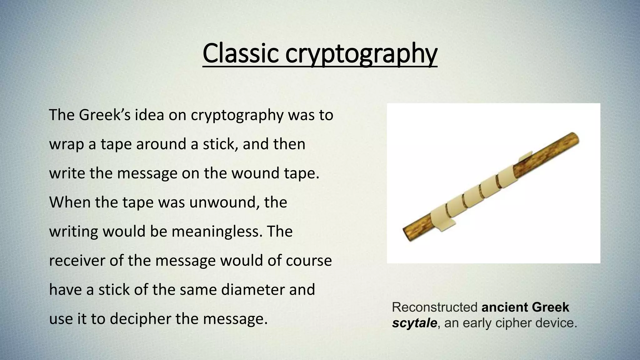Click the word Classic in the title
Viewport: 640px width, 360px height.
pyautogui.click(x=240, y=53)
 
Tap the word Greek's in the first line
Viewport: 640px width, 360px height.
pyautogui.click(x=105, y=115)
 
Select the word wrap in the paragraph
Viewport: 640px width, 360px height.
pyautogui.click(x=64, y=144)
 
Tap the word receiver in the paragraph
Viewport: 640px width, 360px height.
pyautogui.click(x=77, y=261)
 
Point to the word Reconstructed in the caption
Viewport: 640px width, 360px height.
pyautogui.click(x=435, y=307)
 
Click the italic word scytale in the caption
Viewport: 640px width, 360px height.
pyautogui.click(x=414, y=323)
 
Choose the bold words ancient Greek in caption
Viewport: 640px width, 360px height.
pyautogui.click(x=525, y=307)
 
